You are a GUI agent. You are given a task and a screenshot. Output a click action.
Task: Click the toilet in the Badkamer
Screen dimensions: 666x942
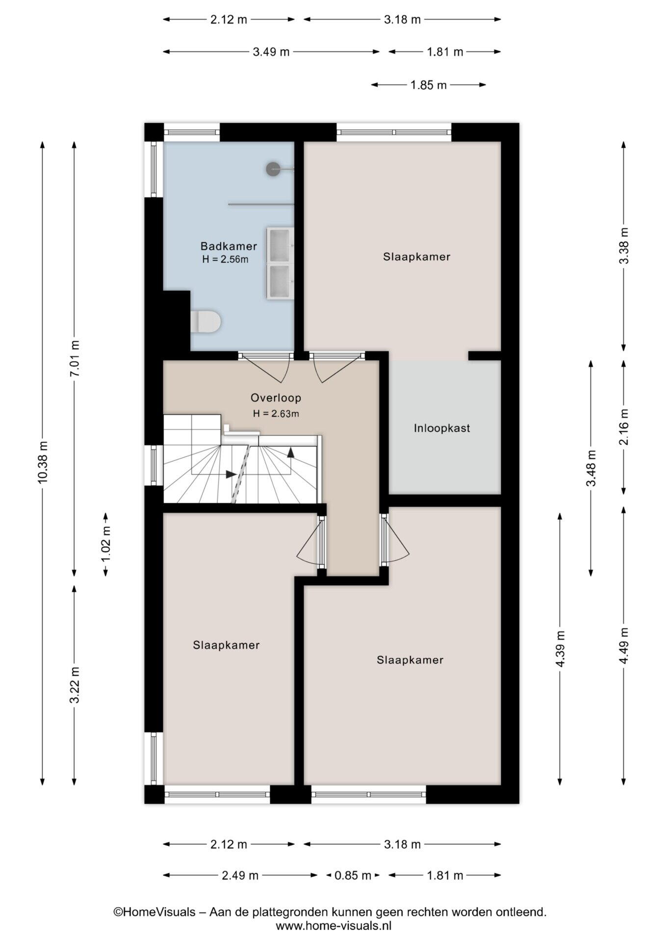pyautogui.click(x=205, y=321)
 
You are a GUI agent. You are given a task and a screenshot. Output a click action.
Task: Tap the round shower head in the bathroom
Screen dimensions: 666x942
pyautogui.click(x=273, y=169)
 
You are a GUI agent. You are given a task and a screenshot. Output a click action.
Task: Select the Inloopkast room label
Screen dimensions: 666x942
pyautogui.click(x=442, y=428)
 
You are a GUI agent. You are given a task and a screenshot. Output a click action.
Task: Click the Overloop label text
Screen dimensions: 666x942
pyautogui.click(x=276, y=398)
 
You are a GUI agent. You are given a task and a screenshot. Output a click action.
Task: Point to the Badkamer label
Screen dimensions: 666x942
pyautogui.click(x=229, y=246)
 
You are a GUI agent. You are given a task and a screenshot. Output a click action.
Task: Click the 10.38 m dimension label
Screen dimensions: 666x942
pyautogui.click(x=43, y=462)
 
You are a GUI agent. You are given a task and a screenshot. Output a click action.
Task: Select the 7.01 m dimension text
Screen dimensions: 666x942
pyautogui.click(x=75, y=359)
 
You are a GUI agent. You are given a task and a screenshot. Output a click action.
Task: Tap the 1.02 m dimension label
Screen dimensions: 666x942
pyautogui.click(x=106, y=544)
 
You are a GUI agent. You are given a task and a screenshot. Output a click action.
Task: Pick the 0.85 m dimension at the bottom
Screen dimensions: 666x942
pyautogui.click(x=353, y=875)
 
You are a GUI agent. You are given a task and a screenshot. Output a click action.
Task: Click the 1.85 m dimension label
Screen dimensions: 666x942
pyautogui.click(x=428, y=85)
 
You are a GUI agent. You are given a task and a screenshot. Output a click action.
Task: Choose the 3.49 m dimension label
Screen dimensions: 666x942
pyautogui.click(x=271, y=52)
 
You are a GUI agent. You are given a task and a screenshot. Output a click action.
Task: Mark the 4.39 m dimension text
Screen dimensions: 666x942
pyautogui.click(x=560, y=649)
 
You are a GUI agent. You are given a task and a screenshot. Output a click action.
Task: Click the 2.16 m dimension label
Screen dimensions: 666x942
pyautogui.click(x=624, y=427)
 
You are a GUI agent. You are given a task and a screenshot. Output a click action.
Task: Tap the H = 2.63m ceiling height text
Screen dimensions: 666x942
pyautogui.click(x=276, y=414)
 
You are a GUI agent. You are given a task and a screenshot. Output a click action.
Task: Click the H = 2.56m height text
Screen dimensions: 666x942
pyautogui.click(x=225, y=260)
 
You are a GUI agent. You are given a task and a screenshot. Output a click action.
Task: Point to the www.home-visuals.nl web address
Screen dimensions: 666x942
pyautogui.click(x=333, y=926)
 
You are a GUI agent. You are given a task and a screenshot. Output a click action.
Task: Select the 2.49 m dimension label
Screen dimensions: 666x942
pyautogui.click(x=240, y=875)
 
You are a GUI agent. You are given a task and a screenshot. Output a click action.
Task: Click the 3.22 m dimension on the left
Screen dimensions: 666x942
pyautogui.click(x=75, y=685)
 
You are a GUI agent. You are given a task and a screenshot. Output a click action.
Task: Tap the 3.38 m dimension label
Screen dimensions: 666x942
pyautogui.click(x=624, y=246)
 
